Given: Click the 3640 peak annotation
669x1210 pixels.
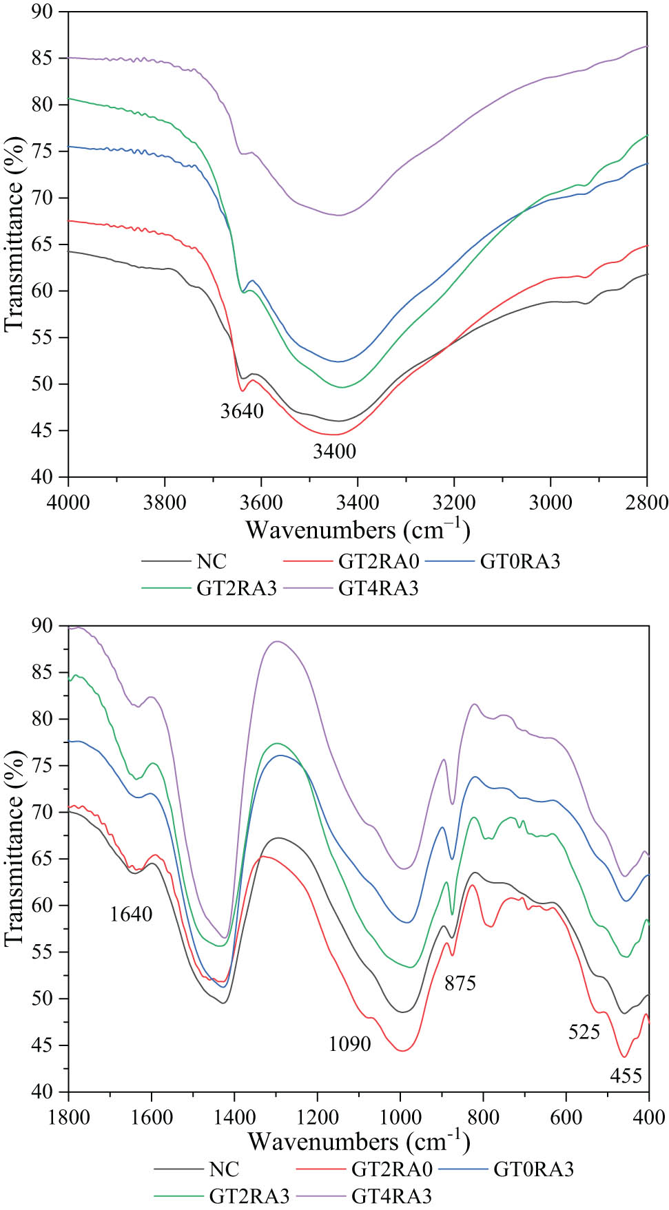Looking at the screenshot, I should (242, 411).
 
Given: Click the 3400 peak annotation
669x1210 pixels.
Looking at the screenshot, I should (335, 451).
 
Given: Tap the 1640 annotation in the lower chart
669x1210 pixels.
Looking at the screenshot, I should (131, 914).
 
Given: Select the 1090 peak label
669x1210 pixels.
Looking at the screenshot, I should (350, 1044).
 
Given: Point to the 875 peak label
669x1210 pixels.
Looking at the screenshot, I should (460, 983).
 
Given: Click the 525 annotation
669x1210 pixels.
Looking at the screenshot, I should (584, 1032).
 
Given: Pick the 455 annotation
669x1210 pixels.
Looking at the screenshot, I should (626, 1076).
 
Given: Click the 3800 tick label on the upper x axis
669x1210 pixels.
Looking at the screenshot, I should (165, 503).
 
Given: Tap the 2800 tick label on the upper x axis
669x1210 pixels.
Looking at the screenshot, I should (646, 503).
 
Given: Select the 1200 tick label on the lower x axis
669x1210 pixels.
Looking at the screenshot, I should (318, 1116).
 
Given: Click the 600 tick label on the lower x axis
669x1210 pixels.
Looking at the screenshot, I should (566, 1116).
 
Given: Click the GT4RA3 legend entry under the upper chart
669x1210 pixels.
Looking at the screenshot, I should (378, 588).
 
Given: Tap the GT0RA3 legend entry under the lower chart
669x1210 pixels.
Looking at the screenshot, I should (533, 1169).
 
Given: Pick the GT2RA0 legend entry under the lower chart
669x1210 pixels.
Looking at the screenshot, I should (391, 1169).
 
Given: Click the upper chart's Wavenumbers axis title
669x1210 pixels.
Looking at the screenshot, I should (358, 530).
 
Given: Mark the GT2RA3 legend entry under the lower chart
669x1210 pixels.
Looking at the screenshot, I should (249, 1196).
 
